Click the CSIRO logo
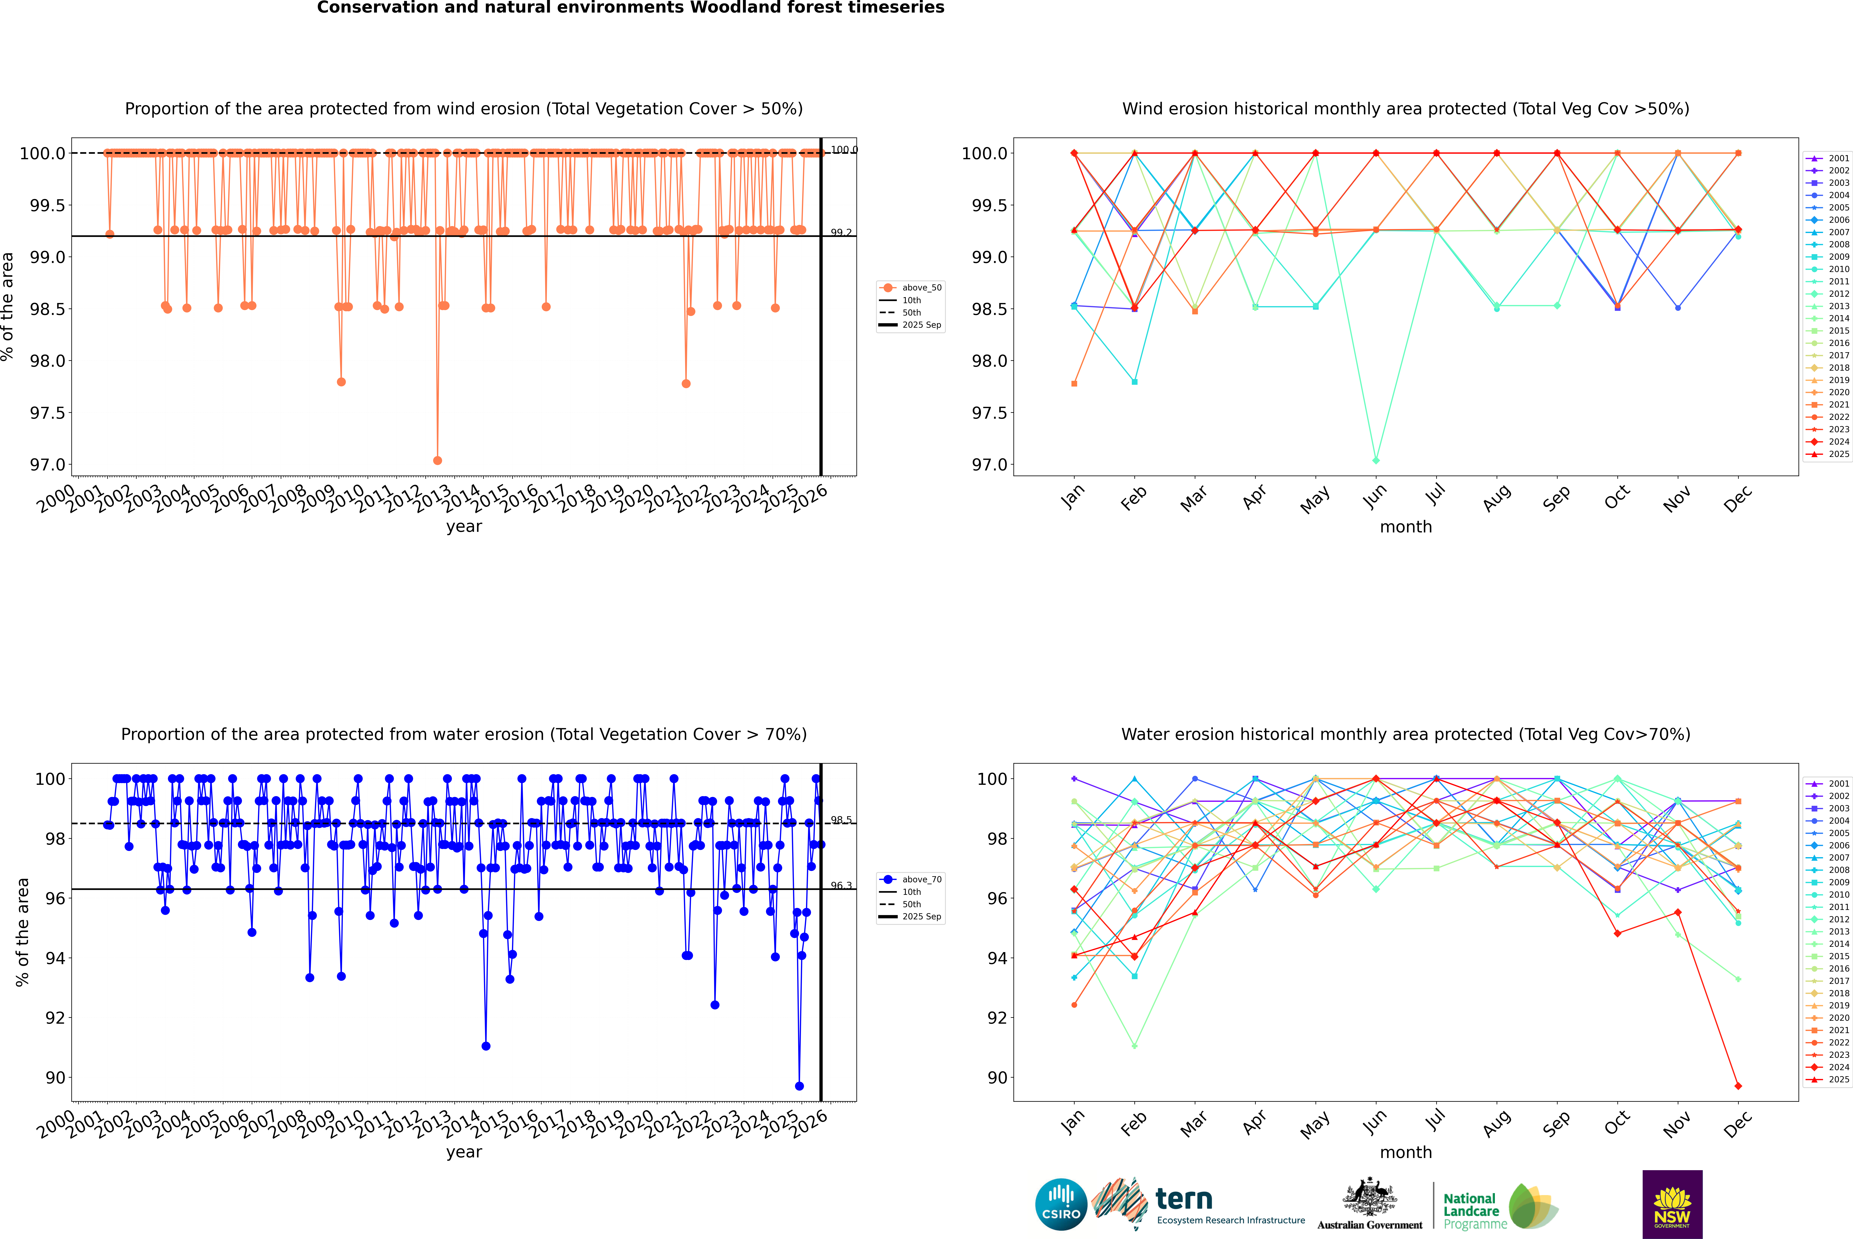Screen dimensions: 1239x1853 pos(1061,1204)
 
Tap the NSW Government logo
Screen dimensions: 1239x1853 pos(1672,1204)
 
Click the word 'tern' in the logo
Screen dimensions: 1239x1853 pos(1183,1199)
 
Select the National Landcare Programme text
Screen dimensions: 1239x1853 pos(1471,1211)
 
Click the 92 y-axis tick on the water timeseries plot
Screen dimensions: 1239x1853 pos(55,1018)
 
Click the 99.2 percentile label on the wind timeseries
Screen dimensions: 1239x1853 pos(841,233)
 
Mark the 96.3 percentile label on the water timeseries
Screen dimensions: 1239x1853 pos(841,886)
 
